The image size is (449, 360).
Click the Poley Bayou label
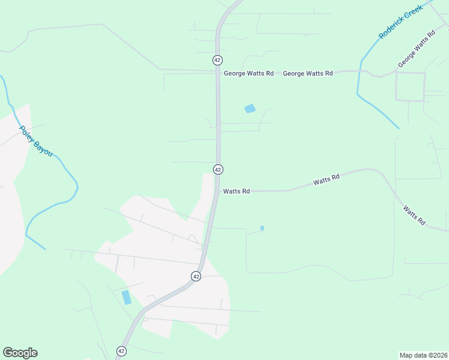35,142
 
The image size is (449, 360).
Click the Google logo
20,353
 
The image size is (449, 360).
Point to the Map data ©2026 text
424,355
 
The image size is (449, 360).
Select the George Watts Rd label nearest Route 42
249,73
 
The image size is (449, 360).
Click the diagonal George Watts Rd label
416,50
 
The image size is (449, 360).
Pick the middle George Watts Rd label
307,73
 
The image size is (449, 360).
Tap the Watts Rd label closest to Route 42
237,191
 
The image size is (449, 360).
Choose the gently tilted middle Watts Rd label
326,179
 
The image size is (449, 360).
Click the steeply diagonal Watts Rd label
414,215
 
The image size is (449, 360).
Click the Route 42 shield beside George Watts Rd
217,60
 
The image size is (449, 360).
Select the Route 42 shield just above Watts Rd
218,170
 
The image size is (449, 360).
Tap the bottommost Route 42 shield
121,351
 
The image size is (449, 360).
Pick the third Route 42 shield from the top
196,276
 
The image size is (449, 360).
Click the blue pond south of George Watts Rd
250,109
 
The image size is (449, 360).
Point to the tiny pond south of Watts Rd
262,228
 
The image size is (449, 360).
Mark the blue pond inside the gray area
126,297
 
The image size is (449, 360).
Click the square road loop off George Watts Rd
410,86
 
